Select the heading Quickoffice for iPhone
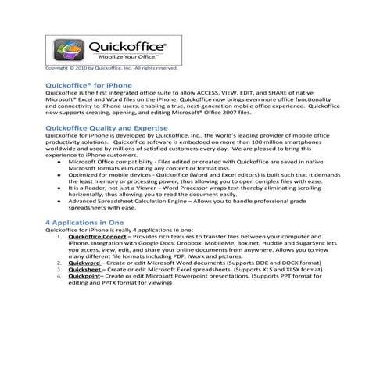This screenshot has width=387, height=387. pos(89,84)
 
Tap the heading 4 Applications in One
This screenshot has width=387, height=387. pos(84,222)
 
